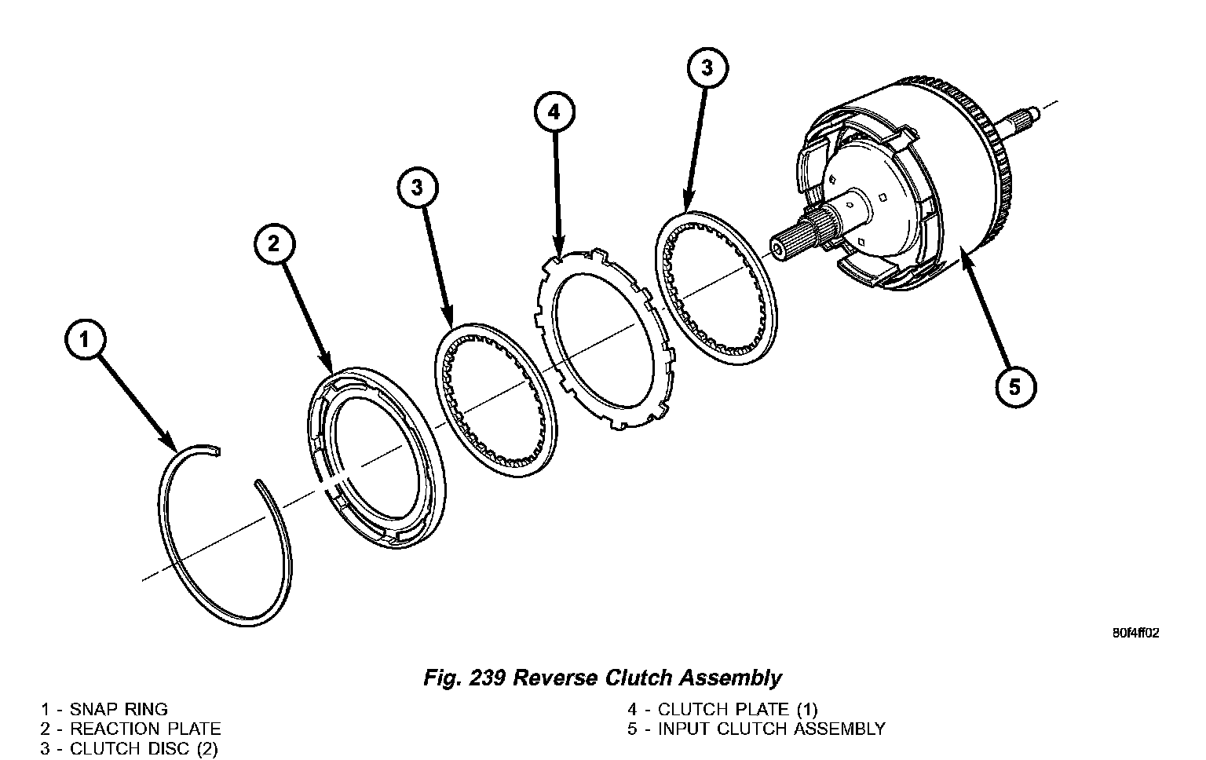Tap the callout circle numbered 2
[273, 244]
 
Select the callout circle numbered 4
[554, 112]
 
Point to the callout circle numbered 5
[1015, 386]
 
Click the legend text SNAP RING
[119, 710]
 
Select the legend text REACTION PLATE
[145, 729]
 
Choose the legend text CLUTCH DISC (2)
[144, 749]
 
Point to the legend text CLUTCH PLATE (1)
[737, 710]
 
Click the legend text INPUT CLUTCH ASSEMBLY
[771, 729]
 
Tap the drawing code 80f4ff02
[1135, 633]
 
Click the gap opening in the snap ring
[239, 466]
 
